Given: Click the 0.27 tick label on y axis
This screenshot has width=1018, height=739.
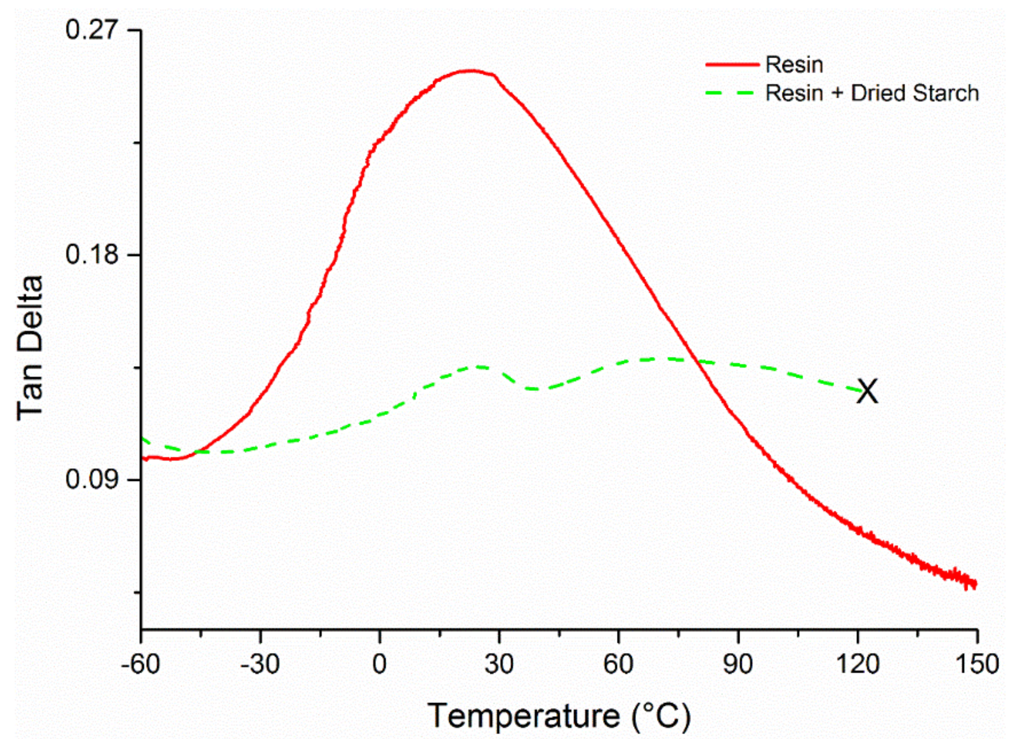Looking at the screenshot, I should (91, 30).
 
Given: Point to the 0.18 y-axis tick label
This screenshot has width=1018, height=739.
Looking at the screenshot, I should (91, 255).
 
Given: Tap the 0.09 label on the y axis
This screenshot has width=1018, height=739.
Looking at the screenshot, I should (91, 479).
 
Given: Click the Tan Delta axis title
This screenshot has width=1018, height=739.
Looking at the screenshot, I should (30, 348).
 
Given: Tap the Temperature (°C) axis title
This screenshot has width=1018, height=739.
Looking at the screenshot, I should (559, 716).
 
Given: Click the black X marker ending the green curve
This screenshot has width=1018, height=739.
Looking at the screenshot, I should (867, 391).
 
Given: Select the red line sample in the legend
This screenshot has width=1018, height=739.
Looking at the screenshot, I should (731, 65).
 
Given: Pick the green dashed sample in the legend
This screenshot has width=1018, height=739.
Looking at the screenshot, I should (731, 93).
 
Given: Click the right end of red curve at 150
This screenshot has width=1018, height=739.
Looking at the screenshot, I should (975, 584).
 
